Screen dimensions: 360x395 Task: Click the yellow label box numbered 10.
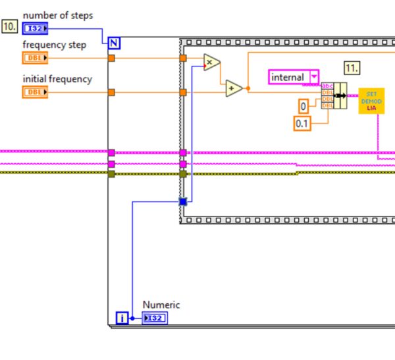pyautogui.click(x=11, y=27)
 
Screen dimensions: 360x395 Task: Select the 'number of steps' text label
pyautogui.click(x=57, y=15)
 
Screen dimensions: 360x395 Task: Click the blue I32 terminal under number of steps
pyautogui.click(x=35, y=28)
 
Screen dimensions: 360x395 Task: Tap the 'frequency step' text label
pyautogui.click(x=53, y=45)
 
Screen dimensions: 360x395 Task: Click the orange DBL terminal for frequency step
pyautogui.click(x=35, y=58)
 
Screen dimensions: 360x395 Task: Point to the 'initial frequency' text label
pyautogui.click(x=57, y=79)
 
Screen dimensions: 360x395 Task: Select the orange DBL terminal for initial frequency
pyautogui.click(x=35, y=92)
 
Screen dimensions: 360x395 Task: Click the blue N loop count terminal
pyautogui.click(x=115, y=43)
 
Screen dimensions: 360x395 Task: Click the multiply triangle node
pyautogui.click(x=211, y=63)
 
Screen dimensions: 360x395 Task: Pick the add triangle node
pyautogui.click(x=234, y=88)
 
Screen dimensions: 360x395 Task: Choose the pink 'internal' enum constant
pyautogui.click(x=293, y=77)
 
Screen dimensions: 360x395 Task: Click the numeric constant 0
pyautogui.click(x=303, y=105)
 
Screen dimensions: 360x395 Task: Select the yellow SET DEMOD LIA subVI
pyautogui.click(x=371, y=100)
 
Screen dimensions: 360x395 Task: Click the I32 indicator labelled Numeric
pyautogui.click(x=155, y=319)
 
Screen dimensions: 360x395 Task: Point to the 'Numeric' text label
pyautogui.click(x=161, y=305)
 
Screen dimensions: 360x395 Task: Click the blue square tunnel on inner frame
pyautogui.click(x=183, y=201)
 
